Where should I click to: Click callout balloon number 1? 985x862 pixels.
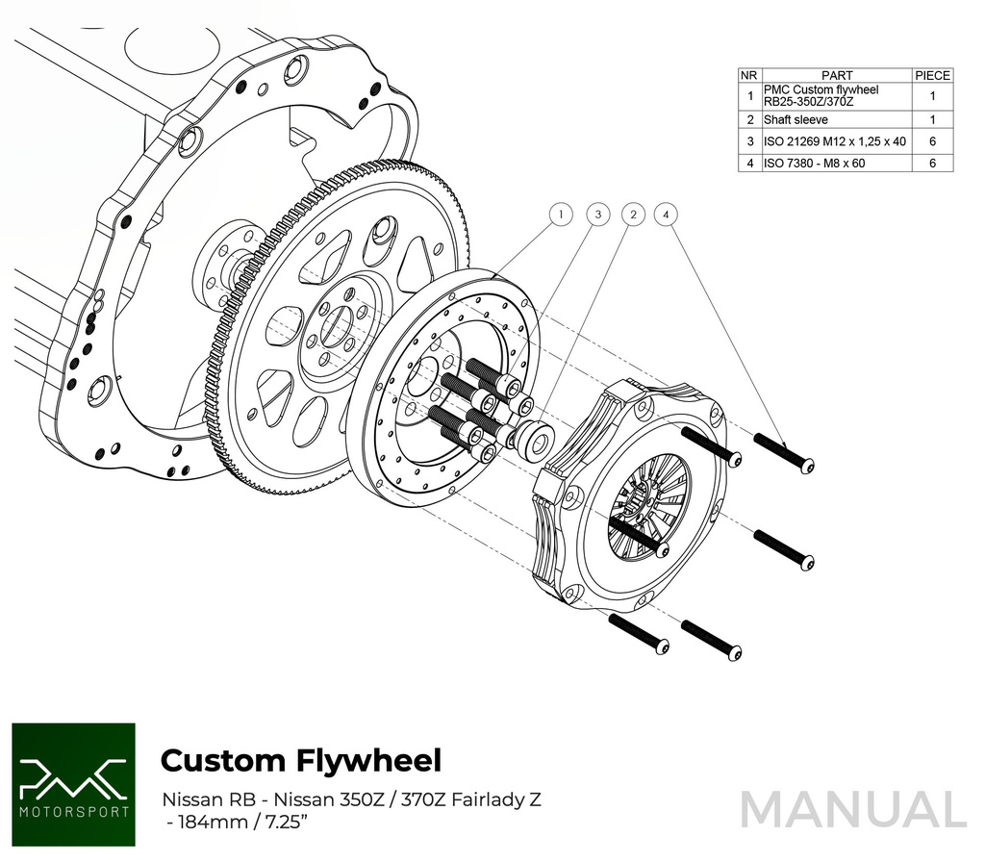[x=561, y=215]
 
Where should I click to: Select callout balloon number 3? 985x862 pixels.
[x=597, y=215]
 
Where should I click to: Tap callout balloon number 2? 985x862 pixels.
[x=632, y=215]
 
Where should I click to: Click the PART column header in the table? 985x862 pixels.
[x=836, y=75]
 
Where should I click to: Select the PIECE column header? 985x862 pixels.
[x=932, y=75]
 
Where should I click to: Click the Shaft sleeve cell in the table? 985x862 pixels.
[x=836, y=120]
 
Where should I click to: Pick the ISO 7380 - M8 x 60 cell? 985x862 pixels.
[x=836, y=164]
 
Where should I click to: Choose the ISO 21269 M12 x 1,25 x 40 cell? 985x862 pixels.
[x=836, y=141]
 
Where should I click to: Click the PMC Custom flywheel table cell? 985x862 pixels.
[x=836, y=96]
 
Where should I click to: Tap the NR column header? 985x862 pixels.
[x=749, y=75]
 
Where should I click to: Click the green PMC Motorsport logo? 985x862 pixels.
[x=73, y=784]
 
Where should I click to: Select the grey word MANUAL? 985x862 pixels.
[x=852, y=809]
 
